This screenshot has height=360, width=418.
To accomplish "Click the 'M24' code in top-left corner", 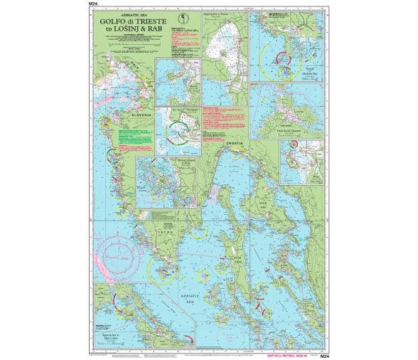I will tap(93, 4).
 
